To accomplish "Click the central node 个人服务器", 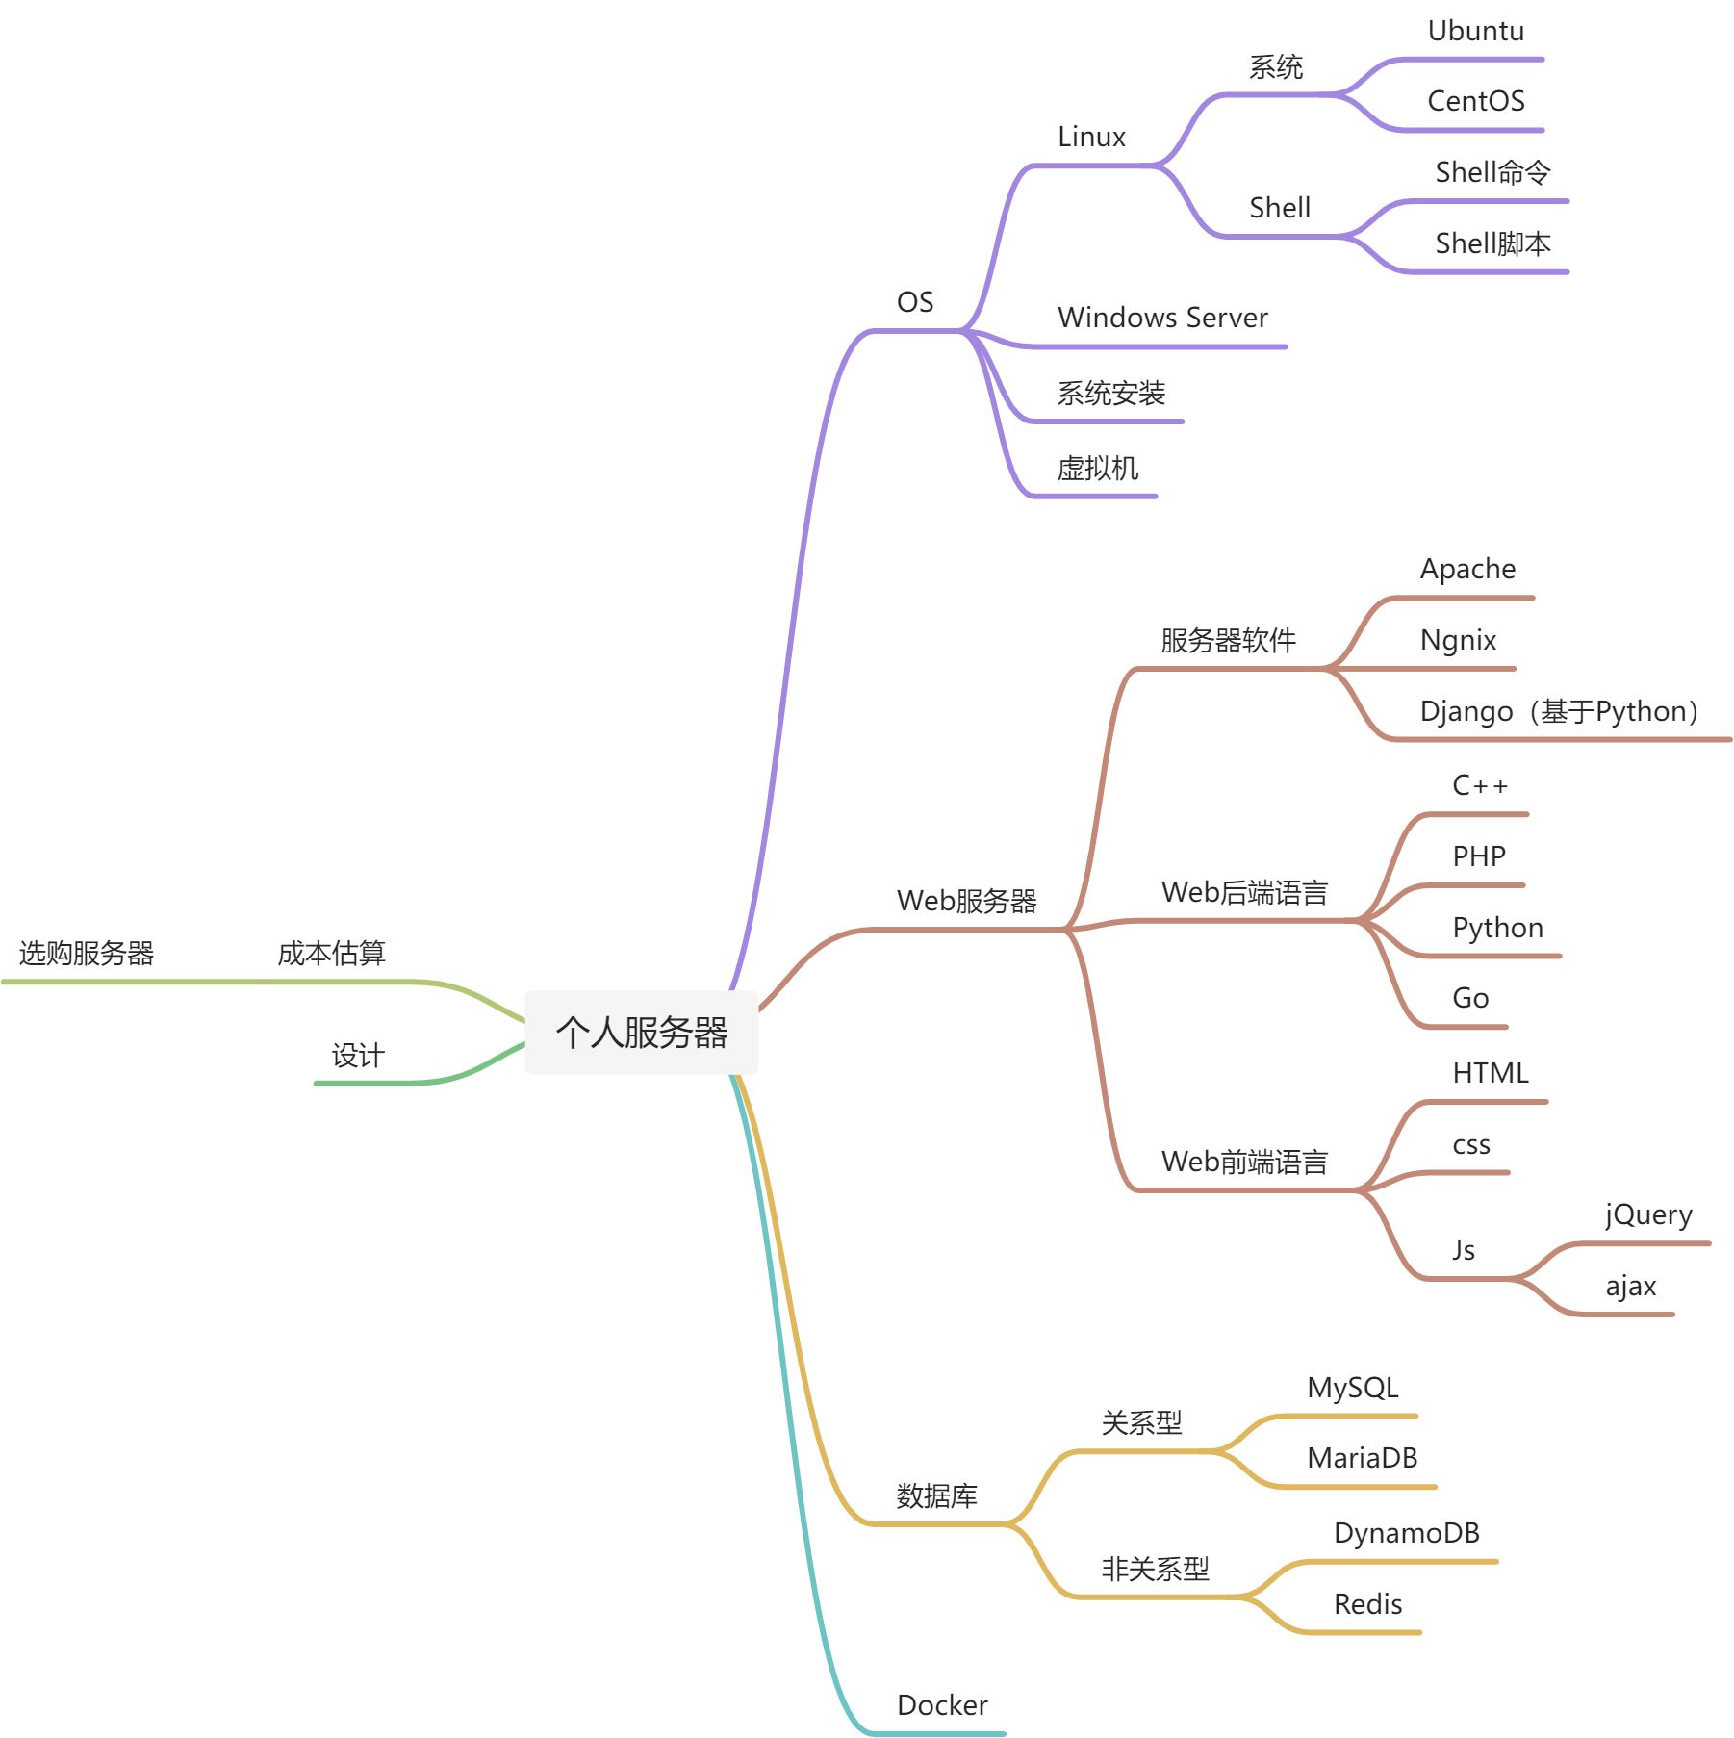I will tap(641, 1032).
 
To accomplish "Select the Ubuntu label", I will tap(1475, 32).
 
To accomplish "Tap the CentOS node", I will tap(1475, 101).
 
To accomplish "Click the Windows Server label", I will tap(1161, 318).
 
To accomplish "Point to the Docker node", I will tap(941, 1705).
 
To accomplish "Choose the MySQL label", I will tap(1352, 1388).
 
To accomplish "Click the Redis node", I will tap(1367, 1604).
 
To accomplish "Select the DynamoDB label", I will tap(1406, 1533).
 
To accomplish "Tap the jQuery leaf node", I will tap(1648, 1215).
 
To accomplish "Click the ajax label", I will tap(1630, 1287).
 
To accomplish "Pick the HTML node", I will tap(1490, 1073).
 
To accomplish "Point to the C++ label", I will tap(1479, 786).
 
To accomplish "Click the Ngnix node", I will tap(1458, 640).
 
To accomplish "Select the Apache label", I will tap(1467, 569).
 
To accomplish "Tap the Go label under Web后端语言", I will tap(1470, 998).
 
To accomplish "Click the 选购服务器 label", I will tap(87, 954).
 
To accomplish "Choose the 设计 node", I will tap(358, 1056).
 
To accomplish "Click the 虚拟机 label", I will tap(1097, 469).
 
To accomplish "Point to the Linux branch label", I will tap(1091, 137).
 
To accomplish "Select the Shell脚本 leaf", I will tap(1492, 244).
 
